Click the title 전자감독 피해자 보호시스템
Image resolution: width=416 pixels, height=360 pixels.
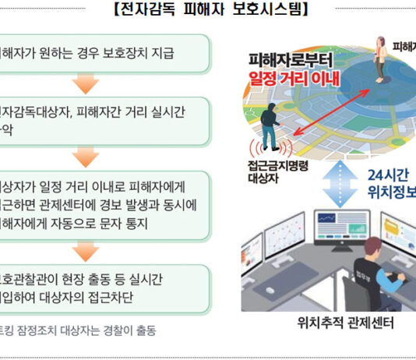[211, 10]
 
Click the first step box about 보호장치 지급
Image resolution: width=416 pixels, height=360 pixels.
[105, 54]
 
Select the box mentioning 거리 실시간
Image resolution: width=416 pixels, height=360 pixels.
[105, 122]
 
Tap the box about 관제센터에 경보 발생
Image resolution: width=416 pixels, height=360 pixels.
[105, 206]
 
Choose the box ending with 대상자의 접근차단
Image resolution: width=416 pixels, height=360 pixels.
[105, 286]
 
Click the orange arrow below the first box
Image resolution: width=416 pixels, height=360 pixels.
[85, 84]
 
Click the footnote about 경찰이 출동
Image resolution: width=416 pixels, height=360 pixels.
[78, 330]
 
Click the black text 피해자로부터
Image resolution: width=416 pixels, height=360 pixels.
[289, 59]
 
